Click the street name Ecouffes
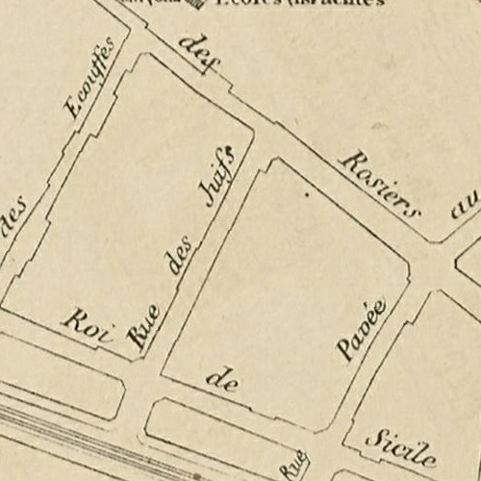coord(89,77)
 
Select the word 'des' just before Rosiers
coord(199,53)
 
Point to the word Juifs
coord(218,175)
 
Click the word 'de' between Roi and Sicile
coord(222,381)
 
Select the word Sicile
coord(401,445)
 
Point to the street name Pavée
coord(361,329)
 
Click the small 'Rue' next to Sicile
coord(292,463)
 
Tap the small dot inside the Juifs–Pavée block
coord(307,195)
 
